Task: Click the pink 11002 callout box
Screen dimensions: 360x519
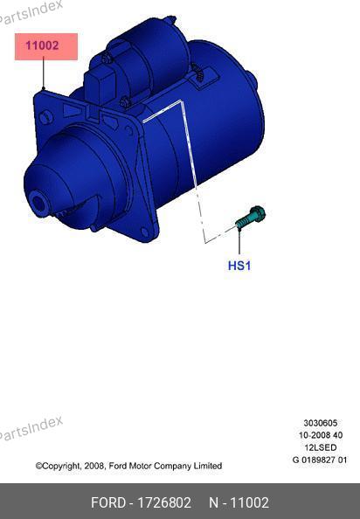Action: point(46,46)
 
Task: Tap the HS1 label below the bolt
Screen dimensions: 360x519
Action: point(239,266)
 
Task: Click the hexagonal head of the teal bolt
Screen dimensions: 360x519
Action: point(258,213)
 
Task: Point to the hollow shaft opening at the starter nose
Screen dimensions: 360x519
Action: point(38,203)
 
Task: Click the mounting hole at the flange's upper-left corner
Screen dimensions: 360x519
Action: point(45,117)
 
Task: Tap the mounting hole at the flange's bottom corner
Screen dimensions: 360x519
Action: point(144,232)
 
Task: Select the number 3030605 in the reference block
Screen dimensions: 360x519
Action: point(321,423)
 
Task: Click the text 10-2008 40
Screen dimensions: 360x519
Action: point(321,435)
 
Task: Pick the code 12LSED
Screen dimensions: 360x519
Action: point(321,447)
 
